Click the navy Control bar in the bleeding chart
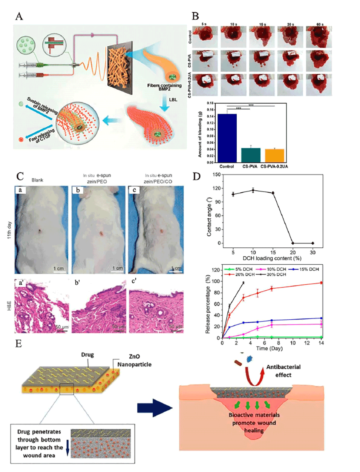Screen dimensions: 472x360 [227, 138]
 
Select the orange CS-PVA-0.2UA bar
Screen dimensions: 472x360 [274, 156]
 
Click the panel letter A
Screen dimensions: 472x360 [19, 16]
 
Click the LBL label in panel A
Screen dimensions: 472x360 [173, 100]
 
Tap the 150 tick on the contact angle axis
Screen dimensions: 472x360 [216, 175]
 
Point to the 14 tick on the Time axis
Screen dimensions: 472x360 [321, 343]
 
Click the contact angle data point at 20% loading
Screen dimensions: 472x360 [293, 243]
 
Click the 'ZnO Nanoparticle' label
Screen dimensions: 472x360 [134, 360]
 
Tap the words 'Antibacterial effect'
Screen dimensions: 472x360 [283, 371]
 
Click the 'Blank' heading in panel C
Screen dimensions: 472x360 [37, 180]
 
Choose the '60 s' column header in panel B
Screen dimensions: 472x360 [320, 24]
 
